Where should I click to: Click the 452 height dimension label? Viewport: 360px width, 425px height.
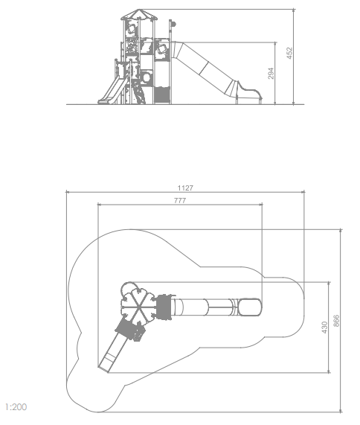pyautogui.click(x=289, y=53)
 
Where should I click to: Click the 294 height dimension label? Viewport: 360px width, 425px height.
pyautogui.click(x=271, y=74)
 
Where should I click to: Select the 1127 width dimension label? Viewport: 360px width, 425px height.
pyautogui.click(x=185, y=188)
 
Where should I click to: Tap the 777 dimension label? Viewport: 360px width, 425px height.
pyautogui.click(x=180, y=200)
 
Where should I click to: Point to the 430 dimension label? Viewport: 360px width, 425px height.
pyautogui.click(x=324, y=327)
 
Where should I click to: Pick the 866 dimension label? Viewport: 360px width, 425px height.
pyautogui.click(x=336, y=321)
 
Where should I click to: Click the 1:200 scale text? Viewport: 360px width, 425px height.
pyautogui.click(x=16, y=407)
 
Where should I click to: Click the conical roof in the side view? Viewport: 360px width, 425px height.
pyautogui.click(x=138, y=15)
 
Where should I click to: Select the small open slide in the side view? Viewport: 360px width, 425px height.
pyautogui.click(x=112, y=91)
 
